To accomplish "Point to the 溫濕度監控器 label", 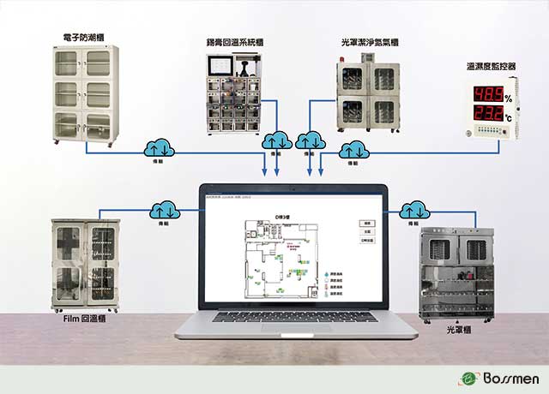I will click(489, 67).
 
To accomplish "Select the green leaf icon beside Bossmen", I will click(468, 379).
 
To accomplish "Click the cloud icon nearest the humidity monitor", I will click(352, 151).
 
